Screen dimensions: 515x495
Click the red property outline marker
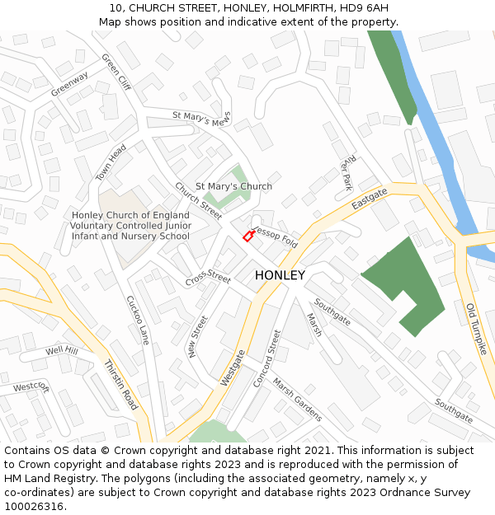[248, 236]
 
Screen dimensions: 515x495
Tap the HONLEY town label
[280, 275]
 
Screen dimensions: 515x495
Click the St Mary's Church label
[233, 186]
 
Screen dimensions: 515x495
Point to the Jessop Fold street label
[276, 237]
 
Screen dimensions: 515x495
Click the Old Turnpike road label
[477, 329]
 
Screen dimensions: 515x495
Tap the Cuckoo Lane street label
[138, 320]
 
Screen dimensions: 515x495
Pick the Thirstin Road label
[120, 385]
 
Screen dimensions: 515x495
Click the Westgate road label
[233, 368]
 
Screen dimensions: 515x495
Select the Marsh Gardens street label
[297, 399]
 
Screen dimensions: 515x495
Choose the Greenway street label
[69, 84]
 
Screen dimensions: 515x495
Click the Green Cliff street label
[115, 73]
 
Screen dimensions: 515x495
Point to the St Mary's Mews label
[202, 118]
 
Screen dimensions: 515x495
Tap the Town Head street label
[111, 162]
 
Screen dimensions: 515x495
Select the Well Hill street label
[62, 351]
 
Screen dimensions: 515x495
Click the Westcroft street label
[31, 386]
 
